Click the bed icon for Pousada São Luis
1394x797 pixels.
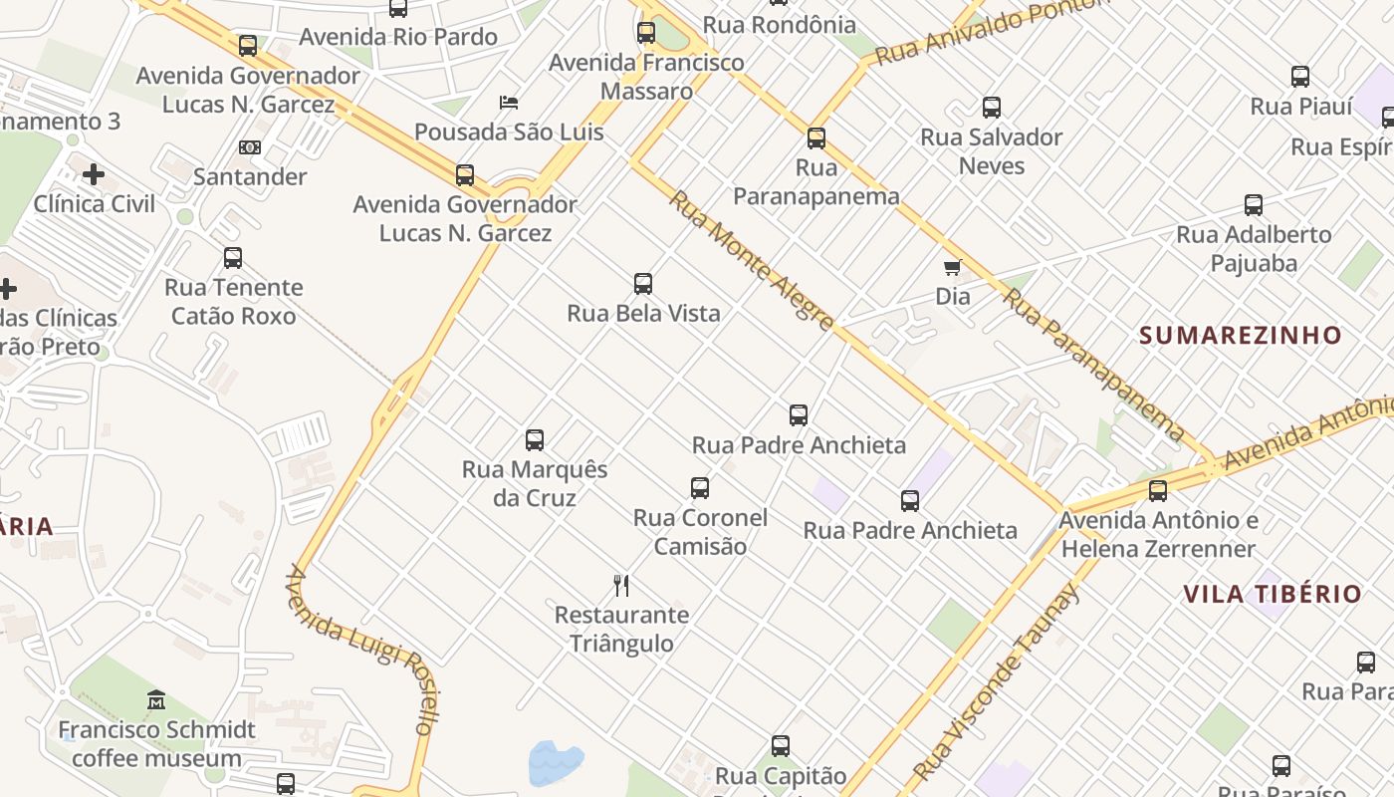(509, 102)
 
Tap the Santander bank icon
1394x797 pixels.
(249, 147)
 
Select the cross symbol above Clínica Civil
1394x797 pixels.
(94, 175)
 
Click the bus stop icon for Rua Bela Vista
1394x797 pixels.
(643, 283)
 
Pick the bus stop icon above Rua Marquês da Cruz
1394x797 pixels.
(535, 439)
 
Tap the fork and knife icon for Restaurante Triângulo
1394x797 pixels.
(621, 585)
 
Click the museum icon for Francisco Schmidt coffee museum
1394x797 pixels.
(156, 700)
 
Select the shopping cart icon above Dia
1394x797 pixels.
(953, 267)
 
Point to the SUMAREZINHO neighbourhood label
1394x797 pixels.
(1241, 335)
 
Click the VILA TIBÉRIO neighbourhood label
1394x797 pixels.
(1272, 595)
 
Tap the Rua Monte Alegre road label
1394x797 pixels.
(752, 260)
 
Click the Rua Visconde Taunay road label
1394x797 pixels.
(997, 683)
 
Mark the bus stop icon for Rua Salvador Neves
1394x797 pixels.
(991, 108)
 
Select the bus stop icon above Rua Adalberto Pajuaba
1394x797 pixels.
(1253, 205)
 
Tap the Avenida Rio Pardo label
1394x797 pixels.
(398, 37)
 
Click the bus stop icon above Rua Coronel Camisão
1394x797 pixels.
(700, 488)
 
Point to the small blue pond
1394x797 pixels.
(556, 763)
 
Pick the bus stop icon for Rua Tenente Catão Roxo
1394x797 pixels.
(233, 258)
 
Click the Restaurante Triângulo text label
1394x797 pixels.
(621, 629)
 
